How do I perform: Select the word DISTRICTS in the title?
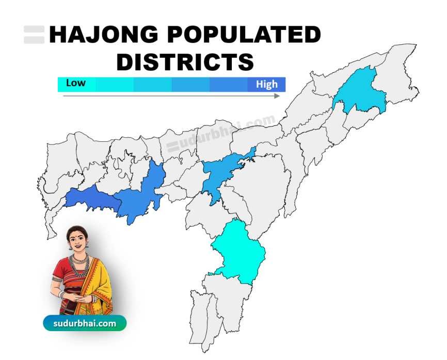(185, 61)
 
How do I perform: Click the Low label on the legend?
(75, 83)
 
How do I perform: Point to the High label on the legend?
(266, 85)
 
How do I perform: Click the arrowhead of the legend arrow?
(277, 96)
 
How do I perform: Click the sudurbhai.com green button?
(84, 323)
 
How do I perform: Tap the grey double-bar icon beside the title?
(34, 35)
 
